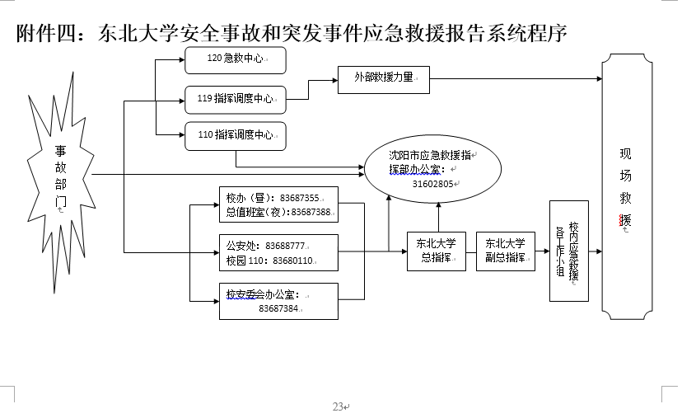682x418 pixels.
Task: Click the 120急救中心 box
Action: (x=235, y=59)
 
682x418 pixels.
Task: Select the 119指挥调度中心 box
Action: (x=235, y=98)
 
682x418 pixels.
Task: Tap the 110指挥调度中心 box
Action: (x=235, y=135)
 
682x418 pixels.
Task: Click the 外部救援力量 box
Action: (x=385, y=79)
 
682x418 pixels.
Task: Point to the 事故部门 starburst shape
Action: (x=60, y=176)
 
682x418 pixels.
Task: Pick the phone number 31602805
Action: (x=433, y=184)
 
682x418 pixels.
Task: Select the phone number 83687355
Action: (x=299, y=199)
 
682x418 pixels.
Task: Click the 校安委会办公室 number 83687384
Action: (x=278, y=309)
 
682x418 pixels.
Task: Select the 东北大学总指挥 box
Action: (x=437, y=251)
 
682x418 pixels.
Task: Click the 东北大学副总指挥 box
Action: (x=505, y=251)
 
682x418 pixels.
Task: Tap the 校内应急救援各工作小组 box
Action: (x=569, y=251)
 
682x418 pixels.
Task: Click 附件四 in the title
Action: (x=47, y=34)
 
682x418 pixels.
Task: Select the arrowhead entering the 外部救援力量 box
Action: (x=334, y=79)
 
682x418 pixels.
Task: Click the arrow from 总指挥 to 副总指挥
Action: (x=471, y=251)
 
